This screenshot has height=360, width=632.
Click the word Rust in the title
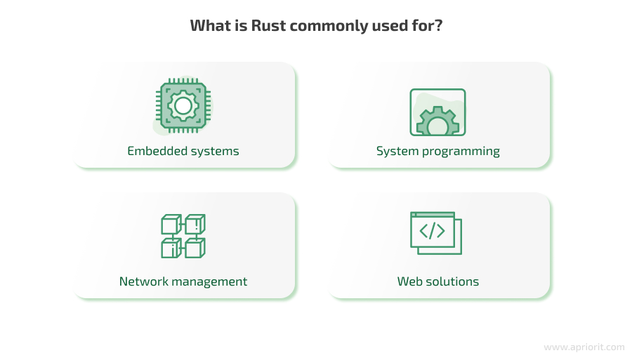(270, 27)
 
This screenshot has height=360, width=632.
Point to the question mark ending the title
(439, 27)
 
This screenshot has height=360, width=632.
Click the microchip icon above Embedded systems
(183, 107)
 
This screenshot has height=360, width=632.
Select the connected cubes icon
(183, 236)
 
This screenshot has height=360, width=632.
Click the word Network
(143, 281)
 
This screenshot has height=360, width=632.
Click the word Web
(409, 281)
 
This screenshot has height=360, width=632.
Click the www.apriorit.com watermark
(584, 347)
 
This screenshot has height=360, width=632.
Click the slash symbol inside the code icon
(432, 231)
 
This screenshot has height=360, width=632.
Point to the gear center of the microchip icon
(183, 106)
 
